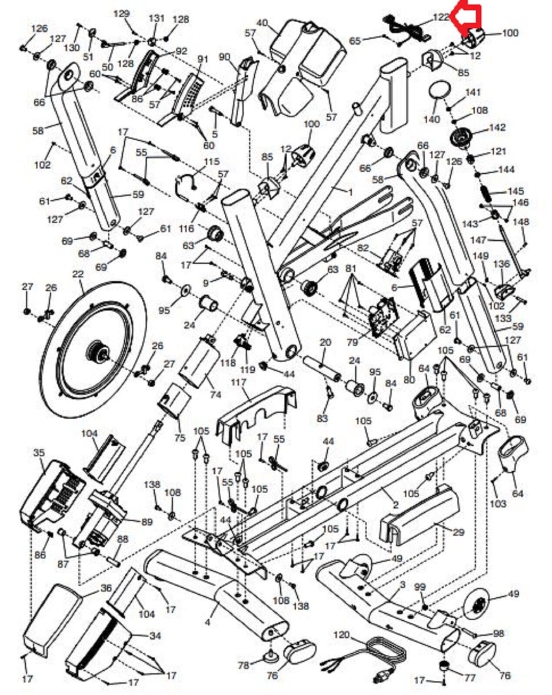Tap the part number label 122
pos(440,17)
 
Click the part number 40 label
pos(263,23)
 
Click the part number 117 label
pos(247,382)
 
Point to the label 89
pos(146,522)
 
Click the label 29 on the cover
pos(458,532)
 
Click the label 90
pos(224,57)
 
